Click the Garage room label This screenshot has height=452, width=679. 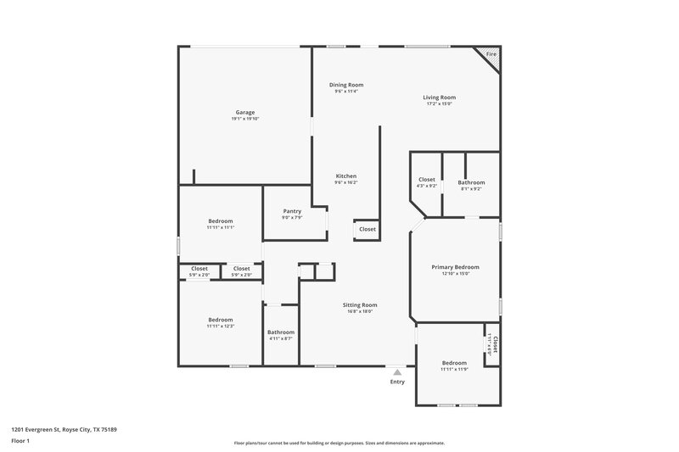pos(244,113)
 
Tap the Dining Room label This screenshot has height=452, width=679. pos(346,85)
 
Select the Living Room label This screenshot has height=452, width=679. pos(439,98)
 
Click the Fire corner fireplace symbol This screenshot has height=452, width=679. pos(490,54)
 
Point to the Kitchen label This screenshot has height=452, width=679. pos(345,176)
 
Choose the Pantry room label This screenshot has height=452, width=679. pos(292,211)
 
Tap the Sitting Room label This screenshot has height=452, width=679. pos(360,304)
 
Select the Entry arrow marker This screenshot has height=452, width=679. pos(397,371)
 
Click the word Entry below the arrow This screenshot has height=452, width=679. pos(397,382)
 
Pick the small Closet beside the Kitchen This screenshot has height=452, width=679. pos(368,229)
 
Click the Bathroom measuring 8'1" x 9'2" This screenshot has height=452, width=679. pos(471,182)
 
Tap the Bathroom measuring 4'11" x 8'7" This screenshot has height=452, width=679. pos(280,332)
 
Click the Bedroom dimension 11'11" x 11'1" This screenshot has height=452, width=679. pos(220,227)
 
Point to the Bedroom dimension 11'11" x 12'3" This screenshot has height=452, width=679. pos(220,326)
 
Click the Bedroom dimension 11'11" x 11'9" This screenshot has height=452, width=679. pos(454,369)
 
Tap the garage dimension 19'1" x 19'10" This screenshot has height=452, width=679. pos(244,119)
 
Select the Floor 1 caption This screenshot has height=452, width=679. pos(20,441)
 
